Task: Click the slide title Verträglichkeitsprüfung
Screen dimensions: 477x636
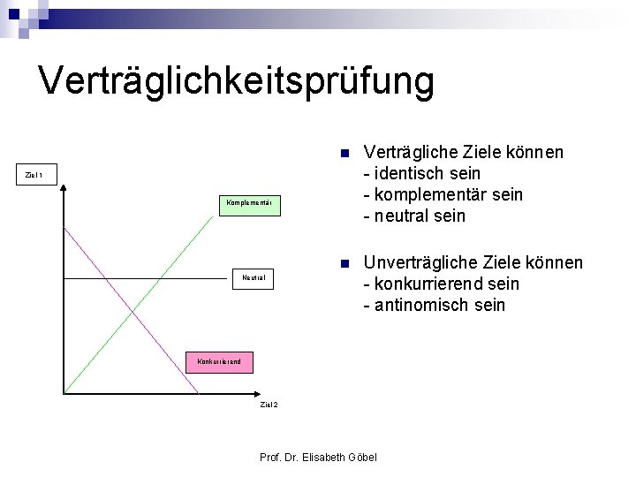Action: (x=237, y=80)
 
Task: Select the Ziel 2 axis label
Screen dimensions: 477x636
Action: (x=269, y=405)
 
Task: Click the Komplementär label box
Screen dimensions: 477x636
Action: (x=248, y=204)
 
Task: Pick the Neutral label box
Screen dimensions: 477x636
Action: (x=254, y=278)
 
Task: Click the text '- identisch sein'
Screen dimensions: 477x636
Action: (x=422, y=173)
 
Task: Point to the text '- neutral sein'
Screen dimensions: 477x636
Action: (x=414, y=216)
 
